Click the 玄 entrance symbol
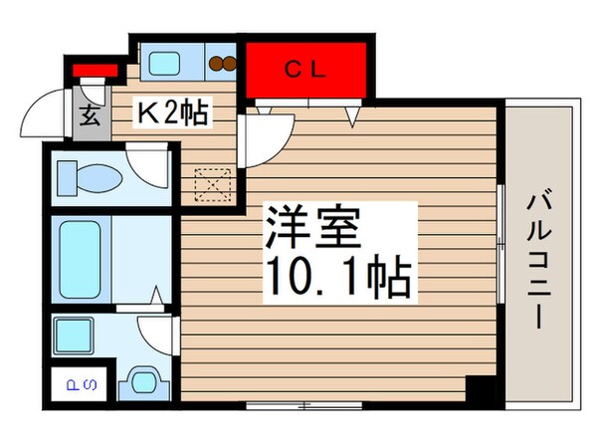click(88, 116)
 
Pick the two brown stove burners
click(223, 66)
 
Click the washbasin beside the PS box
click(145, 382)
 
